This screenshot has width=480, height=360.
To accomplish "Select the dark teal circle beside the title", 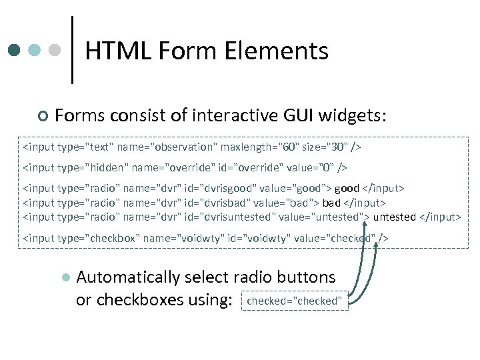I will (x=15, y=50).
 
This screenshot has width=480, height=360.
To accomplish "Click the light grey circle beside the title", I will (x=55, y=50).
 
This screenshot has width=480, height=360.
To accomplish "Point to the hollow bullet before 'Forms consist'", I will (x=43, y=117).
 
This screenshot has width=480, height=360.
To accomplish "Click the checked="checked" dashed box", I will (x=294, y=301).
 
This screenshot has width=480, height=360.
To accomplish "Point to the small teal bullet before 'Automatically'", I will (x=65, y=277).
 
